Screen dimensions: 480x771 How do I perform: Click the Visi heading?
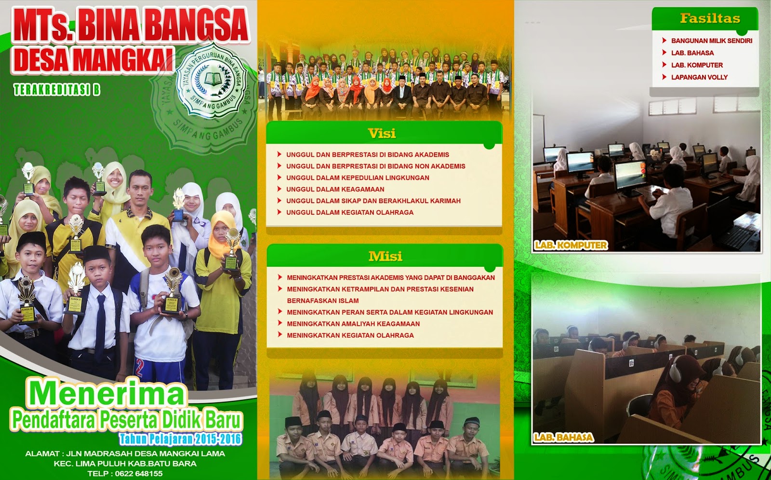pos(382,134)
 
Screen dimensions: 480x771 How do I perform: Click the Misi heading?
pos(385,257)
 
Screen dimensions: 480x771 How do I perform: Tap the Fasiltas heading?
pos(710,18)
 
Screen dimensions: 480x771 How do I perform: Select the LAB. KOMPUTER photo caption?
pos(571,245)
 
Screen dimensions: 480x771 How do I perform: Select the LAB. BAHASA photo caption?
pos(563,438)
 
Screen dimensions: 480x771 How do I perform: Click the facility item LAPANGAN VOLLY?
pos(699,77)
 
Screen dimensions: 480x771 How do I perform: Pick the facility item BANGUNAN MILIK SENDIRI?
pos(711,41)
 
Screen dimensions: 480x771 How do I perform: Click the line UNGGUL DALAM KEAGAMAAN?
pos(335,190)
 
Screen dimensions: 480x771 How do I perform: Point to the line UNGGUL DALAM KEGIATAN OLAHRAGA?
pos(349,213)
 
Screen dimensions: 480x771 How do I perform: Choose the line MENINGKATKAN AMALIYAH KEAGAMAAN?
pos(353,324)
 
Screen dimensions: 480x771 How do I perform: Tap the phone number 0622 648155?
pos(139,474)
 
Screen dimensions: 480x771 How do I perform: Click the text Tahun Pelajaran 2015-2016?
pos(180,439)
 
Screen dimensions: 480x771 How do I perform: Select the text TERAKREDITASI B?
pos(57,90)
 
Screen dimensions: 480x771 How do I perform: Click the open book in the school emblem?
pos(213,79)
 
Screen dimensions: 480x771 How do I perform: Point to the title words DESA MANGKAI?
pos(93,60)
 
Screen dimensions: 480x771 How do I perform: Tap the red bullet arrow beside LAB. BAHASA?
pos(664,53)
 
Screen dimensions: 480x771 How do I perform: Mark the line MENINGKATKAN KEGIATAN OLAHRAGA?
pos(350,336)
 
